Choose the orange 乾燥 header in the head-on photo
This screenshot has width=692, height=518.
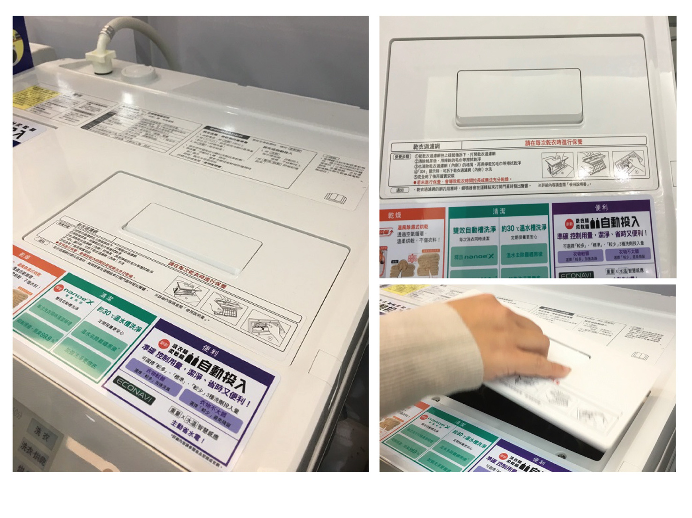(394, 215)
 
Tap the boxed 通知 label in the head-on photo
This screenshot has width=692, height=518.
(400, 190)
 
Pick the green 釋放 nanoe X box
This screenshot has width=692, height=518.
(473, 256)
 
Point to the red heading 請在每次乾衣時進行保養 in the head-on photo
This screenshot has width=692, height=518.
(553, 142)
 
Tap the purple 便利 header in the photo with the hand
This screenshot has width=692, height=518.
(539, 462)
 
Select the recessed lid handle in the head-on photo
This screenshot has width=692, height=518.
(519, 97)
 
